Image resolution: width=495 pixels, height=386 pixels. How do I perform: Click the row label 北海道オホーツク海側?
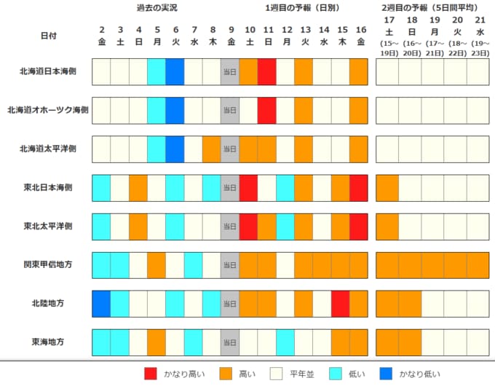[48, 110]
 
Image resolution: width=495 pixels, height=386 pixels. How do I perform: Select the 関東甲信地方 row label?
[48, 264]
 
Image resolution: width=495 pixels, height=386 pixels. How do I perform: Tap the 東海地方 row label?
[48, 342]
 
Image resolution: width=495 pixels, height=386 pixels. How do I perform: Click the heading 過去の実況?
[157, 8]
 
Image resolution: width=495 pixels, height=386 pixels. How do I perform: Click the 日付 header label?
[49, 35]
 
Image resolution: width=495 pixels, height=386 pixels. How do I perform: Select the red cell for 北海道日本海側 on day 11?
[267, 71]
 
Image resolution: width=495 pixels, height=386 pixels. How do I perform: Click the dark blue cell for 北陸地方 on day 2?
[102, 303]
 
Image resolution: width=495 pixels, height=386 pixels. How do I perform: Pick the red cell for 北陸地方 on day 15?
[341, 303]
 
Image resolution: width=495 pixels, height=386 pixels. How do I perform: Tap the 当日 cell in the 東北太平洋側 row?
[230, 226]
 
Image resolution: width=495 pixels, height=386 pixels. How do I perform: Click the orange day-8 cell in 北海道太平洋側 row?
[212, 149]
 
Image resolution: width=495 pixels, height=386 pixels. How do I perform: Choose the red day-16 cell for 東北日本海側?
[359, 187]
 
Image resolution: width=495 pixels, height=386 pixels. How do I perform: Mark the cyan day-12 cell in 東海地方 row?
[285, 342]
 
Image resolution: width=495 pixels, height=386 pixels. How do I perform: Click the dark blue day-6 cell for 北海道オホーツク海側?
[175, 110]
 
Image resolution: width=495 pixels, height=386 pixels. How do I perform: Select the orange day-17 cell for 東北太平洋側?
[388, 226]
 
